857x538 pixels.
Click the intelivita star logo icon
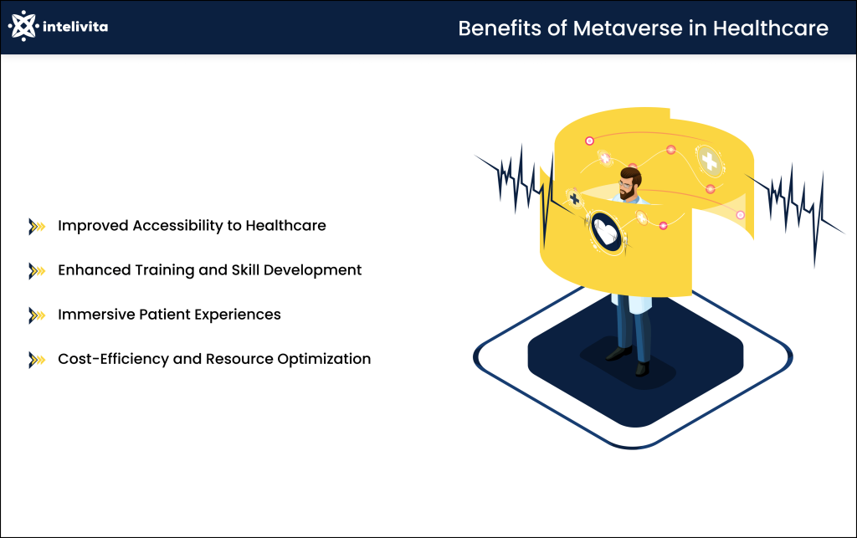[x=23, y=27]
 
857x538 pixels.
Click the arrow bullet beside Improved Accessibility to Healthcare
[x=37, y=226]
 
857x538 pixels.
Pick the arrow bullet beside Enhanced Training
[x=37, y=270]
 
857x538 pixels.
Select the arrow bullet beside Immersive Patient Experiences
[x=37, y=315]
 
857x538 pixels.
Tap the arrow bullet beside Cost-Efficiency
[x=37, y=359]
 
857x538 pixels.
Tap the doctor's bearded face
[x=629, y=183]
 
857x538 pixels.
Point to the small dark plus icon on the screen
[x=574, y=198]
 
